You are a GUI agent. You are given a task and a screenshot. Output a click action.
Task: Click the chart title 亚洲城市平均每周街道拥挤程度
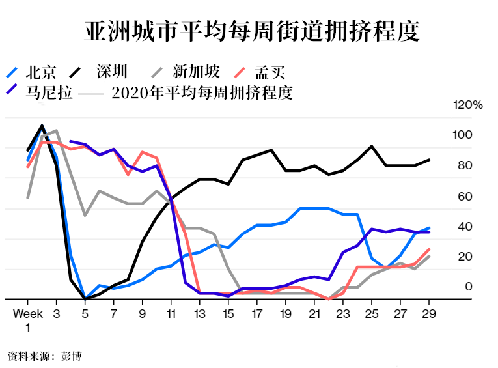251,32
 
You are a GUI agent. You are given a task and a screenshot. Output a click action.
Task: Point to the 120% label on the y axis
468,105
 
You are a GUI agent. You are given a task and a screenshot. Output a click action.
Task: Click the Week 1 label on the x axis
28,319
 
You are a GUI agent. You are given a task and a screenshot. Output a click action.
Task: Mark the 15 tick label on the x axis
228,314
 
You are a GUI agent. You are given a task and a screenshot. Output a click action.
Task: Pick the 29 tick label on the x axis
428,314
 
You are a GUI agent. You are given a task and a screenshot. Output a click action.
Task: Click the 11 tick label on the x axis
171,314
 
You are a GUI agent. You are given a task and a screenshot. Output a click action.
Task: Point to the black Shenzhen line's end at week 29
429,160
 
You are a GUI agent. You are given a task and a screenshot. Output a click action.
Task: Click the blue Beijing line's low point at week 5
85,298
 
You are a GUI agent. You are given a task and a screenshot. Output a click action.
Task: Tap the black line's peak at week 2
42,126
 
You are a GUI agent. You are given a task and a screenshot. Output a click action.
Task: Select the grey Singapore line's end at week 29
429,256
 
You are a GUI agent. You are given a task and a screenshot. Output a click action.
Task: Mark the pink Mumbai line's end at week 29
429,249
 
